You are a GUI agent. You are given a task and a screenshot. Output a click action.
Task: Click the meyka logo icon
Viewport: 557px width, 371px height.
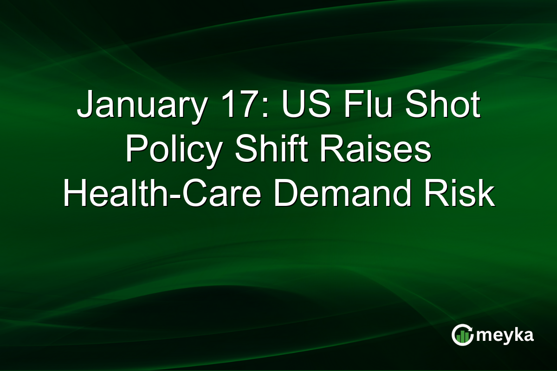pos(462,335)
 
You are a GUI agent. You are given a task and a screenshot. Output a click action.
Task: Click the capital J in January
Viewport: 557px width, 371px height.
pos(84,106)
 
